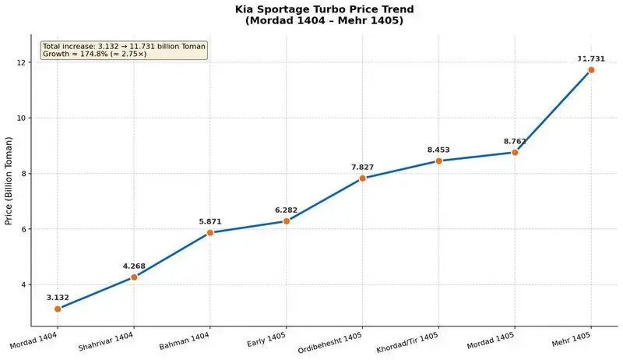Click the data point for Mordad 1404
(x=58, y=309)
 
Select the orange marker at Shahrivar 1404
(x=134, y=277)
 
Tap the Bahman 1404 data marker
(x=210, y=232)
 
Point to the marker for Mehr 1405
(x=591, y=70)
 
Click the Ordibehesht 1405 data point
(x=362, y=178)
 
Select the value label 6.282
(x=286, y=210)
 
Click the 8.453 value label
(x=438, y=150)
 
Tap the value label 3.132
(x=58, y=298)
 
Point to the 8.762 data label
(x=515, y=142)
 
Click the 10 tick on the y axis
(x=21, y=118)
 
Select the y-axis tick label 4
(x=23, y=285)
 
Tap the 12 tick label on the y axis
(x=21, y=62)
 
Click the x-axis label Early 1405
(x=266, y=340)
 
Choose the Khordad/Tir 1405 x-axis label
(x=407, y=343)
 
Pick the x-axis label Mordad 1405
(x=491, y=341)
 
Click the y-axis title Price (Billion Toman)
(x=9, y=181)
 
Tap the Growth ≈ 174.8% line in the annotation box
(x=94, y=54)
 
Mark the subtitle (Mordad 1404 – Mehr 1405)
(x=324, y=20)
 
